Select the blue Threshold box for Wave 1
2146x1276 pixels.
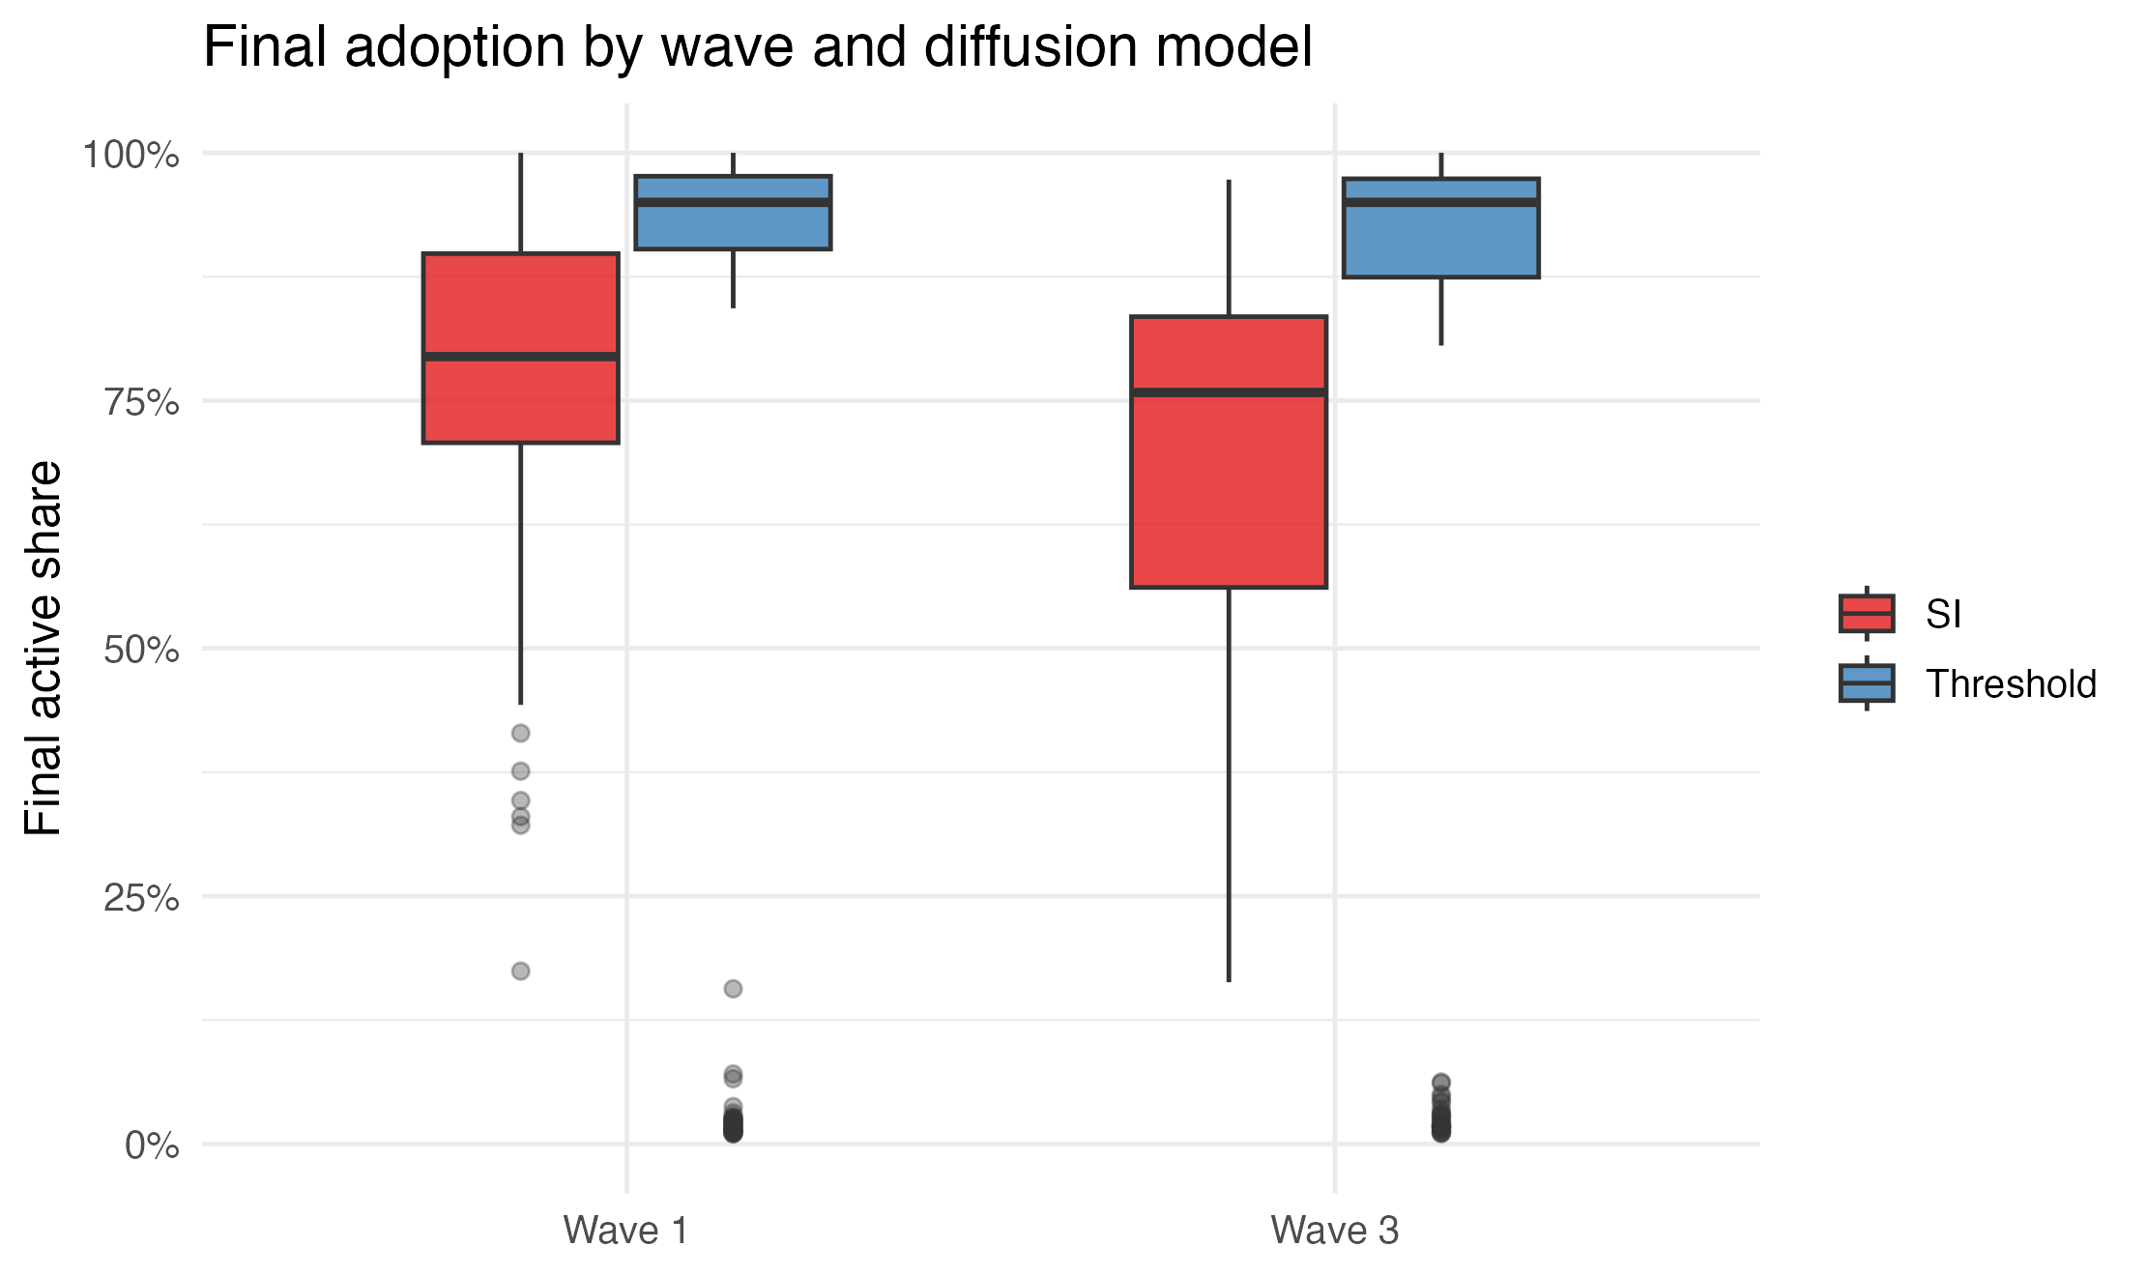(x=733, y=227)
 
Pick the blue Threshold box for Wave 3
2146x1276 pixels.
(x=1440, y=242)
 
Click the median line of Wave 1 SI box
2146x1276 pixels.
(x=520, y=357)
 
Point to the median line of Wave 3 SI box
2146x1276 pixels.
(x=1229, y=391)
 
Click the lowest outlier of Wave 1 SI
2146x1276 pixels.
(x=520, y=971)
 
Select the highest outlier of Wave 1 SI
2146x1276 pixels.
(x=520, y=733)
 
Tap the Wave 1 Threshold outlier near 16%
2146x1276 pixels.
(x=733, y=988)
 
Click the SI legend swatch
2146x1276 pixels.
(x=1866, y=614)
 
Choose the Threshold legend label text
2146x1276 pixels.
(x=2011, y=684)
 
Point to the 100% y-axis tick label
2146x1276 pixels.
(x=130, y=155)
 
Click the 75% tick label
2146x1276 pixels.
(x=141, y=402)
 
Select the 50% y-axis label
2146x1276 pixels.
(x=141, y=650)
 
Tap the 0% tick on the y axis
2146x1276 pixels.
(x=152, y=1145)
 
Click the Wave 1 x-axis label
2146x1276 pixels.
(x=626, y=1231)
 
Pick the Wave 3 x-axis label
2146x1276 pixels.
(x=1335, y=1231)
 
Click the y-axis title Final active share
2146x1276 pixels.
(x=43, y=648)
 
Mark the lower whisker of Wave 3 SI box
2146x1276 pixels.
(x=1229, y=783)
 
